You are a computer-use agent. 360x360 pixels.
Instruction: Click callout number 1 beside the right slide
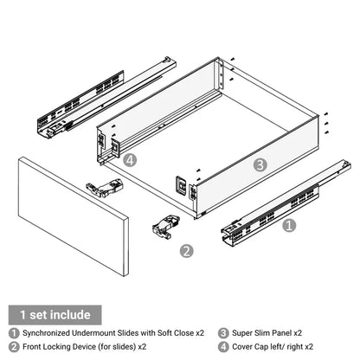pos(290,224)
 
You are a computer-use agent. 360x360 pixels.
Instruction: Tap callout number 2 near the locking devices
pos(185,252)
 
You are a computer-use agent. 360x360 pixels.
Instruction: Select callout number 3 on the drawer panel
pos(260,164)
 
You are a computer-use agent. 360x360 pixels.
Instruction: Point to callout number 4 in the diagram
pos(130,160)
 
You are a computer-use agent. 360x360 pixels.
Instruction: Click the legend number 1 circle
pos(13,332)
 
